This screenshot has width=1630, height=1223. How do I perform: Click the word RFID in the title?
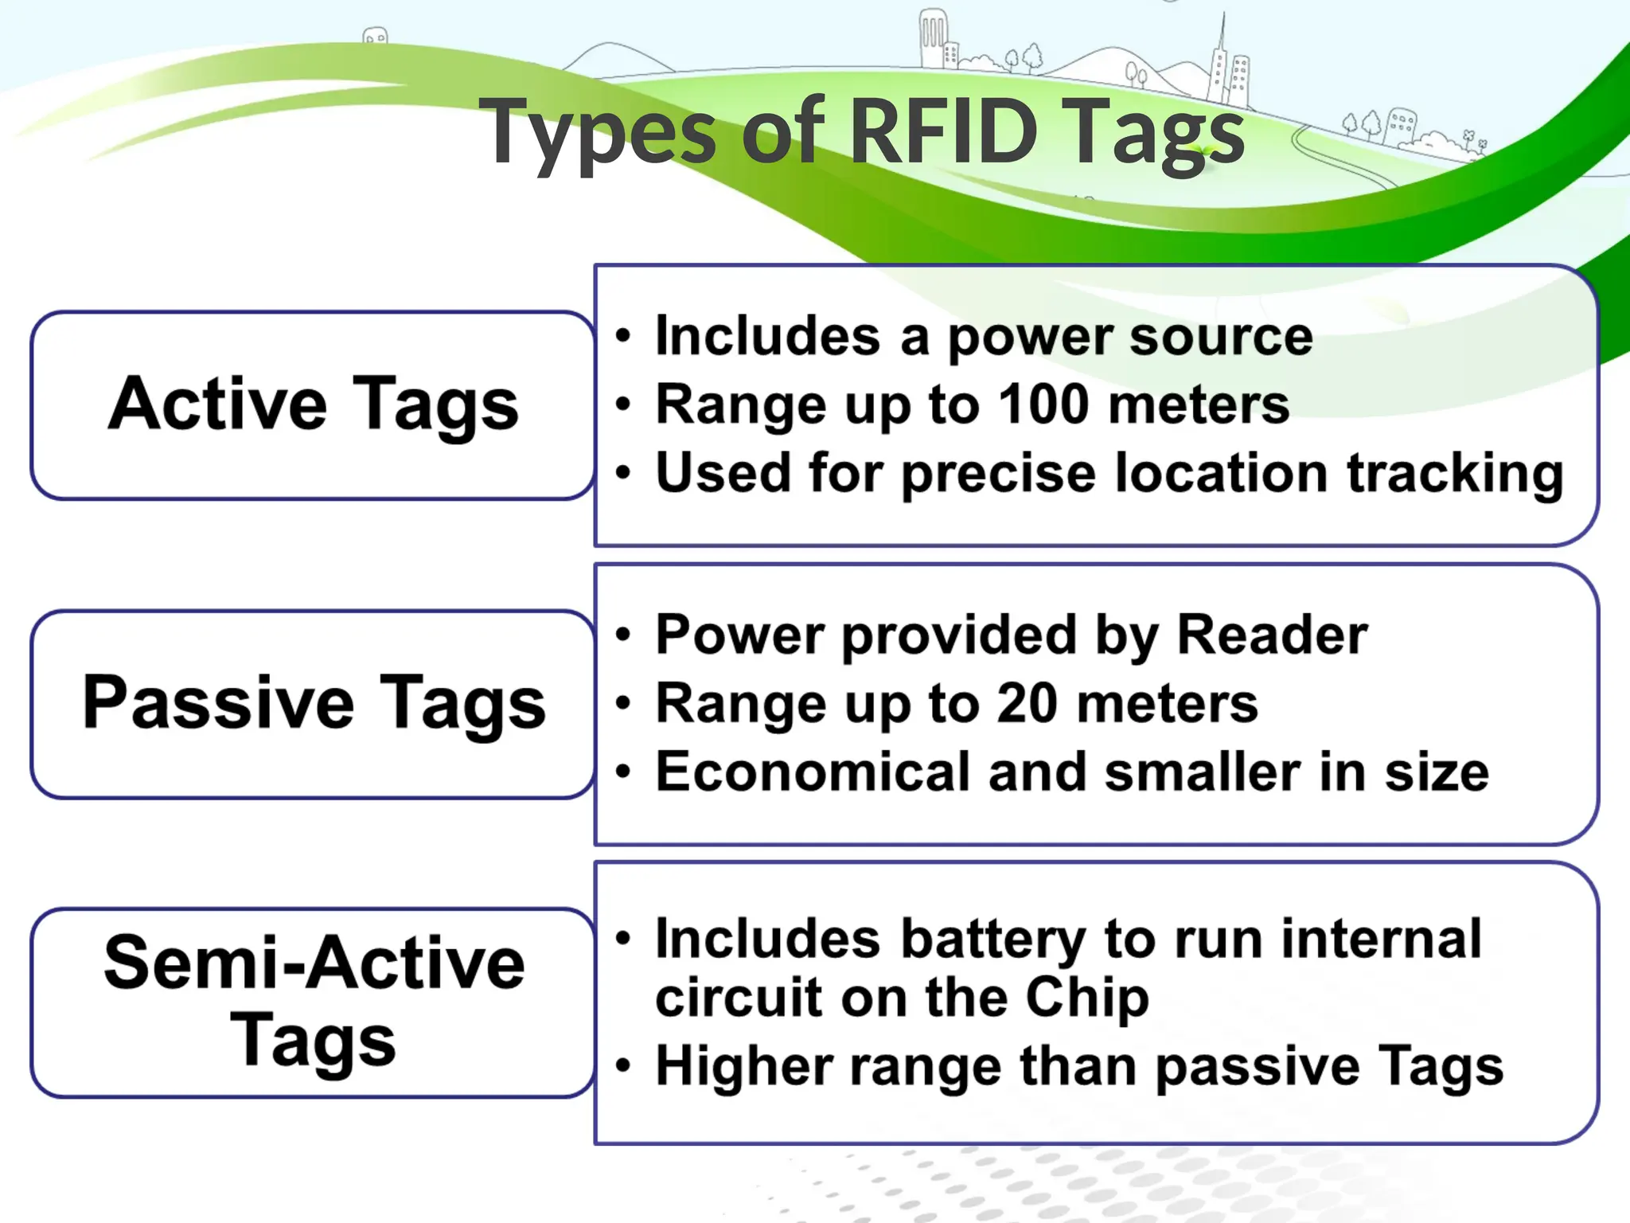(944, 131)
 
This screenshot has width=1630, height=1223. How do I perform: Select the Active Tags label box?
(313, 404)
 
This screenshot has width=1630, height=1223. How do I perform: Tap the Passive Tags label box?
(313, 704)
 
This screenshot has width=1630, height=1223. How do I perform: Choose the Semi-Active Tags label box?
(313, 1002)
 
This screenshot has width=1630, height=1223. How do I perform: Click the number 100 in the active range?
(1043, 404)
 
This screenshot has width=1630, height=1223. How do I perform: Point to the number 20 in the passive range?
(1027, 703)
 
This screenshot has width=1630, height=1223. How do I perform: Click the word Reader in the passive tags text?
(1272, 635)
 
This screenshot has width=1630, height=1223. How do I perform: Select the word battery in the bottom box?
(993, 940)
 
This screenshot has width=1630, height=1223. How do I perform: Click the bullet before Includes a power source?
(623, 336)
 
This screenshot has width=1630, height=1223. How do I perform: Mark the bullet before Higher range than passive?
(623, 1065)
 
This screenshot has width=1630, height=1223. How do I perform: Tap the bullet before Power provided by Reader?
(623, 635)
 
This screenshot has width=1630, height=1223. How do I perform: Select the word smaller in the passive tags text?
(1203, 772)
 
